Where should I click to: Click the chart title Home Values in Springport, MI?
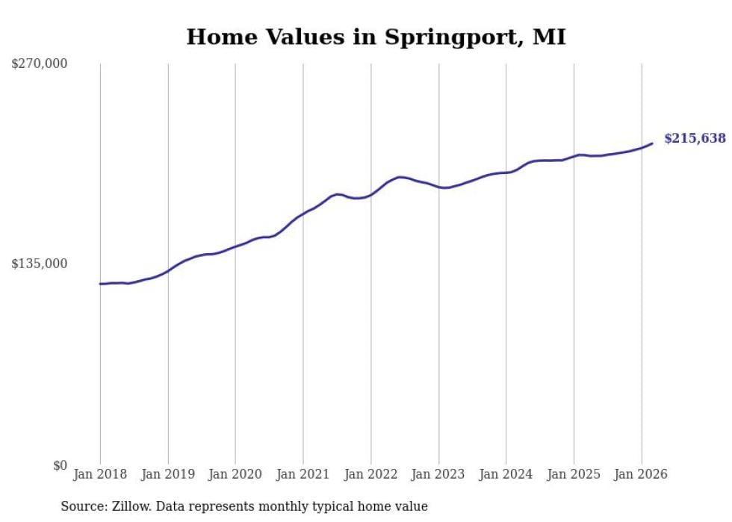click(x=376, y=37)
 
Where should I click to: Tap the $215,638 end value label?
click(x=695, y=138)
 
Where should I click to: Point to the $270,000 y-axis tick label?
click(x=40, y=64)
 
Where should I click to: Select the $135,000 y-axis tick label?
click(x=40, y=264)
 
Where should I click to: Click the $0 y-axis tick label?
click(x=60, y=465)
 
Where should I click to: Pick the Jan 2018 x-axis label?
click(x=100, y=474)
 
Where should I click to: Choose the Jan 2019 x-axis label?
click(x=168, y=474)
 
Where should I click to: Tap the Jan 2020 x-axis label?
click(x=235, y=474)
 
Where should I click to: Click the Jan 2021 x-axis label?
click(x=303, y=474)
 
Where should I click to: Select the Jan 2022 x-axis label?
click(x=370, y=474)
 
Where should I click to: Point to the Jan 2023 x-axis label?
click(x=438, y=474)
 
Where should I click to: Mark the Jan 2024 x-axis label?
click(x=506, y=474)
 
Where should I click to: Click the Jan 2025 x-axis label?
click(x=574, y=474)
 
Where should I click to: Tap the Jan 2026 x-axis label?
click(x=641, y=474)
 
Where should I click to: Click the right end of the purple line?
click(x=652, y=143)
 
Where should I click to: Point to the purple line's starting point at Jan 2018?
click(x=100, y=284)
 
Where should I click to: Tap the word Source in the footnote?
click(x=81, y=506)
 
